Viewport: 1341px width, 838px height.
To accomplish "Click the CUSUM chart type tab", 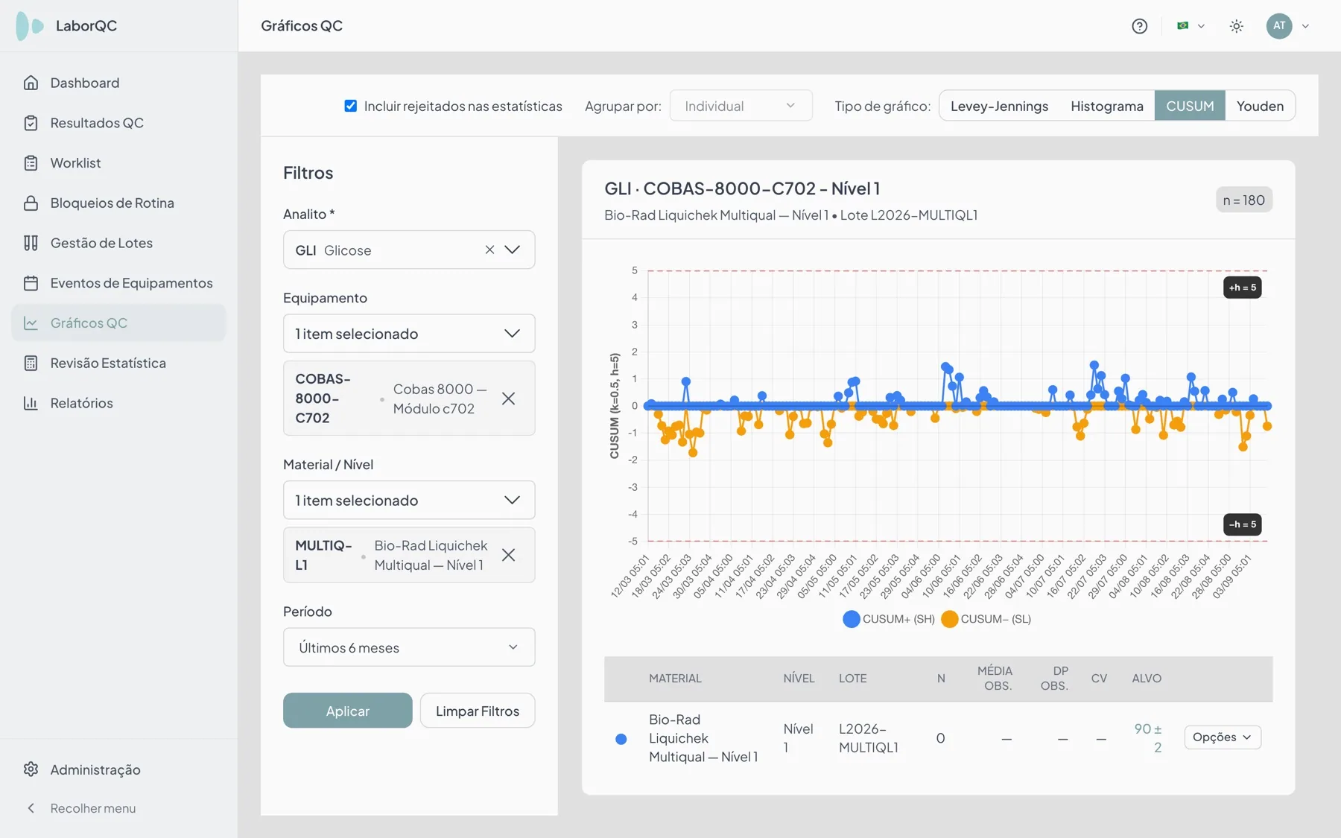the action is click(1190, 106).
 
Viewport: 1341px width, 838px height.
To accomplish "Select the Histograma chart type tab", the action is click(1107, 106).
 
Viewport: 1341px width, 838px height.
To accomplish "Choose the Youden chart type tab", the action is click(1260, 106).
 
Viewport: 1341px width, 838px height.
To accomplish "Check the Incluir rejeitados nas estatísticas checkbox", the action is click(350, 106).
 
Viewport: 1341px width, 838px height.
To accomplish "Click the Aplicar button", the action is click(347, 711).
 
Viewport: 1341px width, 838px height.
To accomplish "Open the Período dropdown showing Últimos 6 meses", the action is click(409, 647).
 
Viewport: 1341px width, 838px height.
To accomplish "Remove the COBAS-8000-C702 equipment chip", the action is click(508, 399).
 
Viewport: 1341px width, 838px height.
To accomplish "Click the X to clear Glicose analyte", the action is click(489, 250).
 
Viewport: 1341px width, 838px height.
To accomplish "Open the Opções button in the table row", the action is click(1223, 737).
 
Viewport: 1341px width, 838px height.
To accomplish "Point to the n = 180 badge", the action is click(1244, 200).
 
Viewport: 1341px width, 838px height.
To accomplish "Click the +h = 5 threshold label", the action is click(1243, 288).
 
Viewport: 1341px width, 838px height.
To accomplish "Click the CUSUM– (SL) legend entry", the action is click(986, 619).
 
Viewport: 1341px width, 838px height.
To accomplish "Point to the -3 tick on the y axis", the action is click(633, 487).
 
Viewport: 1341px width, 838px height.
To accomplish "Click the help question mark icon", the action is click(1139, 26).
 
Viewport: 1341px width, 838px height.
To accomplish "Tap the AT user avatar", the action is click(1279, 26).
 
